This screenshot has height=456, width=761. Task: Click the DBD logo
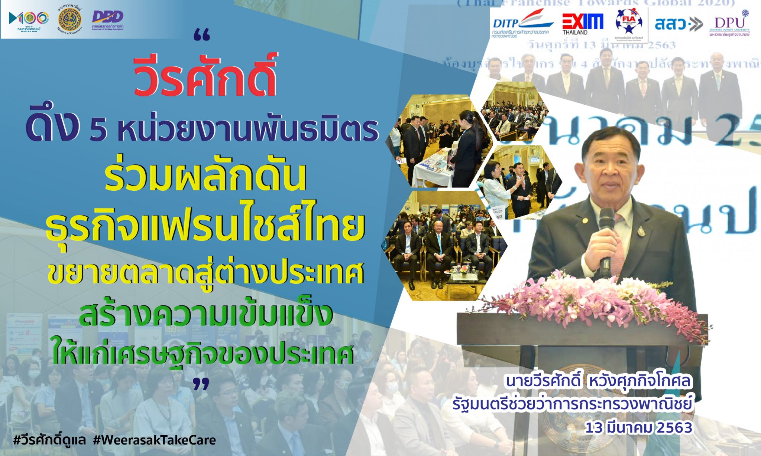tap(108, 19)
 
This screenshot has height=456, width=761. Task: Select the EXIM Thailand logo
tap(582, 23)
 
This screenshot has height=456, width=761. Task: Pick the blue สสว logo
tap(678, 24)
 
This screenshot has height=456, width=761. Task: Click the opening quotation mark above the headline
tap(202, 36)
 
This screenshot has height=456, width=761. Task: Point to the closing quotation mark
tap(201, 384)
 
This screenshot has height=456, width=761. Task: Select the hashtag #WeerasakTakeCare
tap(154, 440)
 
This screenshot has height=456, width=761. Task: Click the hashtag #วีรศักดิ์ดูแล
tap(49, 440)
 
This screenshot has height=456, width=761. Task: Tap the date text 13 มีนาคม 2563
tap(638, 427)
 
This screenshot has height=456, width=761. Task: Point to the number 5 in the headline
tap(98, 130)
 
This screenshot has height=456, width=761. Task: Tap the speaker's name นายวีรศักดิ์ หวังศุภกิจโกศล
tap(598, 381)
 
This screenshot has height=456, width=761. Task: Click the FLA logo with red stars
tap(629, 22)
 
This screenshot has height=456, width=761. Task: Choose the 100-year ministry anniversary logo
tap(29, 20)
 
